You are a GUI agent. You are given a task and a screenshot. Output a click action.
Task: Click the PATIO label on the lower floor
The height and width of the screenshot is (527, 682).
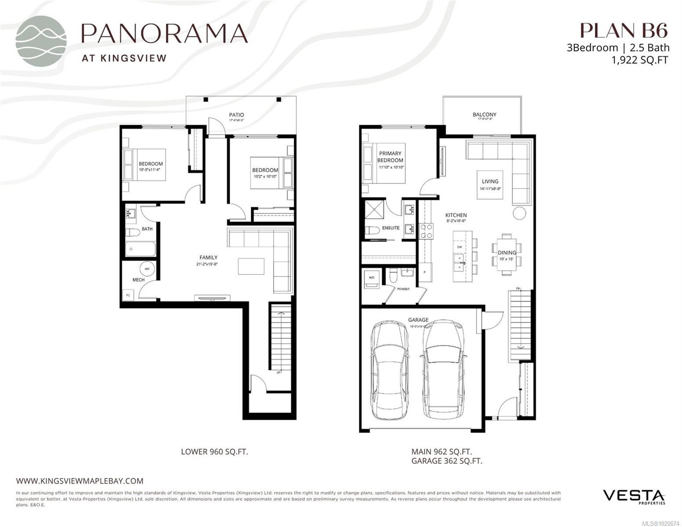pyautogui.click(x=236, y=115)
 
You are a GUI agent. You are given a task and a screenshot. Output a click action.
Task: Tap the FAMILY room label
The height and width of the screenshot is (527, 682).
pyautogui.click(x=208, y=258)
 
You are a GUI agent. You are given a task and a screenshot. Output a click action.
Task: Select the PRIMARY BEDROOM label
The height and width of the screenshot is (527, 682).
pyautogui.click(x=390, y=157)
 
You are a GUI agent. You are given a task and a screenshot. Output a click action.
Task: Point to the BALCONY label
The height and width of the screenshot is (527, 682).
pyautogui.click(x=484, y=115)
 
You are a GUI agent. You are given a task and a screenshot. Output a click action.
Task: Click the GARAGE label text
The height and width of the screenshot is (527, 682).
pyautogui.click(x=418, y=320)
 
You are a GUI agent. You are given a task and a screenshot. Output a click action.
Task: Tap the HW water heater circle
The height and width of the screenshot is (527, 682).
pyautogui.click(x=147, y=269)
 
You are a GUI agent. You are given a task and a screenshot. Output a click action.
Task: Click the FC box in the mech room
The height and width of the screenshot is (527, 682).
pyautogui.click(x=128, y=295)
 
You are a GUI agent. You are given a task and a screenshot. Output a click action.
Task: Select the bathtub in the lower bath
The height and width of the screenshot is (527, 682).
pyautogui.click(x=140, y=249)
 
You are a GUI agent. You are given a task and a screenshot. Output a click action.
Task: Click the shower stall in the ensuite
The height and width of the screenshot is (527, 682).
pyautogui.click(x=373, y=211)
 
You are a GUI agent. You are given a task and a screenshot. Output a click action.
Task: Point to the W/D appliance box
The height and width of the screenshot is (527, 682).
pyautogui.click(x=372, y=279)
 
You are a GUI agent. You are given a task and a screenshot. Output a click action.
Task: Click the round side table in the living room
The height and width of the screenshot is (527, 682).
pyautogui.click(x=519, y=213)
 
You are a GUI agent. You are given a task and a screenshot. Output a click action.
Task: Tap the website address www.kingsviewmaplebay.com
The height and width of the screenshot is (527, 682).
pyautogui.click(x=79, y=481)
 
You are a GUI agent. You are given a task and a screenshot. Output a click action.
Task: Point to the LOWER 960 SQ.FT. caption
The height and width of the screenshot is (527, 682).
pyautogui.click(x=214, y=451)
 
